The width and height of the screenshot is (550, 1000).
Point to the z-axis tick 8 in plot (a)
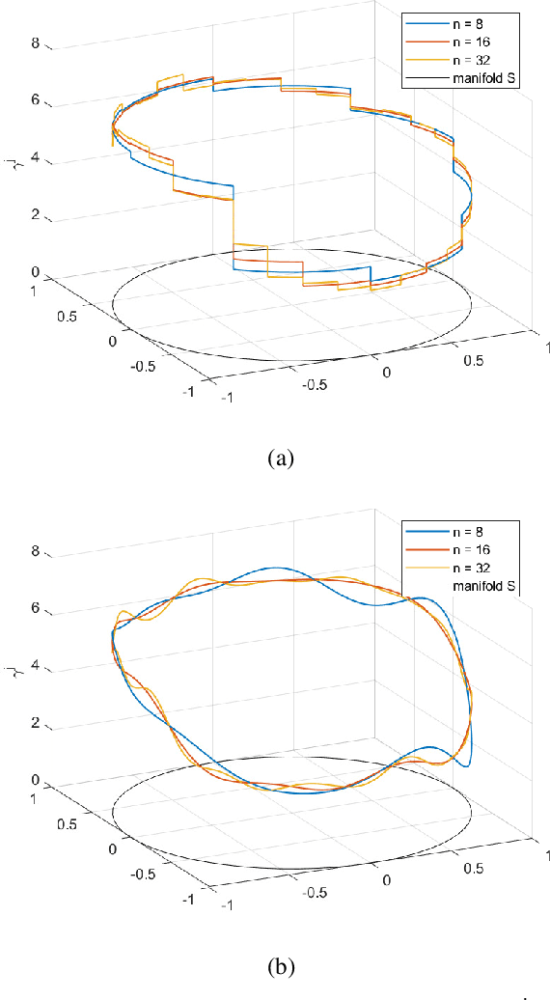pyautogui.click(x=36, y=43)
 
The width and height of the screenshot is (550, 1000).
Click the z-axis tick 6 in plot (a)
pyautogui.click(x=36, y=100)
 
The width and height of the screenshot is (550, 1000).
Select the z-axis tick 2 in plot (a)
pyautogui.click(x=36, y=214)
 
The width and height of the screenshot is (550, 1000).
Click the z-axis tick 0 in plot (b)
pyautogui.click(x=36, y=780)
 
